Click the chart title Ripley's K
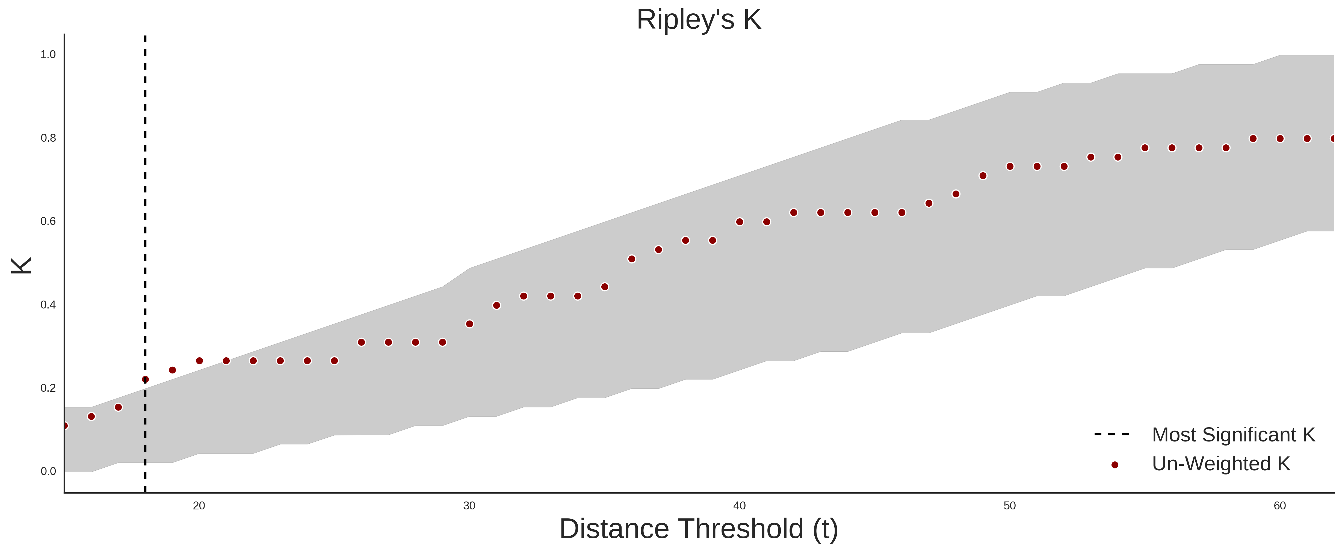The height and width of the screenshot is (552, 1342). [699, 20]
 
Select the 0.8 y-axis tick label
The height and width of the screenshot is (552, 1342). [48, 138]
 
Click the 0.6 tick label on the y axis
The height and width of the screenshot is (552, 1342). [48, 221]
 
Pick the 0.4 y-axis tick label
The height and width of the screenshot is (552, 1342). [48, 305]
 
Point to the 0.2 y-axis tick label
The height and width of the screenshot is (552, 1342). [48, 388]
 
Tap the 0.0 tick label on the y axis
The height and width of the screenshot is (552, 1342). [48, 471]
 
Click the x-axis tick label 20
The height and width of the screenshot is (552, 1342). [199, 506]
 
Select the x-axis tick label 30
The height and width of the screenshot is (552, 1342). [469, 506]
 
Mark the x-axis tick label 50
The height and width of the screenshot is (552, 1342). [1010, 506]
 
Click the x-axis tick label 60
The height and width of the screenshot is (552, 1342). [1280, 506]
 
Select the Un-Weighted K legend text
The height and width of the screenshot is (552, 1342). [1221, 464]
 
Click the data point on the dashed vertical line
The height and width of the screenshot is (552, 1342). [145, 380]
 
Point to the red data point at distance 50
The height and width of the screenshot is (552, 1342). [1010, 167]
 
